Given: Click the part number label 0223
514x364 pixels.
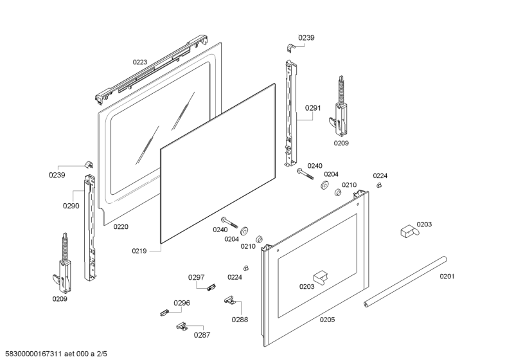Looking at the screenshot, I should pyautogui.click(x=140, y=62).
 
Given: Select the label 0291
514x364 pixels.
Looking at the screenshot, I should pyautogui.click(x=313, y=108).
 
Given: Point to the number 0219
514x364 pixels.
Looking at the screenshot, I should pyautogui.click(x=141, y=250).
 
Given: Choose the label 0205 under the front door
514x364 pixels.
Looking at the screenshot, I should pyautogui.click(x=326, y=320).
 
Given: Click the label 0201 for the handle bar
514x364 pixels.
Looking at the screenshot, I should pyautogui.click(x=447, y=277).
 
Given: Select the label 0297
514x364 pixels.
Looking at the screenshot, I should pyautogui.click(x=196, y=277).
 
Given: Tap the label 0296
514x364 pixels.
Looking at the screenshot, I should pyautogui.click(x=182, y=303).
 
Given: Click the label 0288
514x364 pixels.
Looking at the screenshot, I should pyautogui.click(x=240, y=319).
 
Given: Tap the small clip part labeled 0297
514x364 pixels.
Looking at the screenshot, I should pyautogui.click(x=209, y=287).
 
